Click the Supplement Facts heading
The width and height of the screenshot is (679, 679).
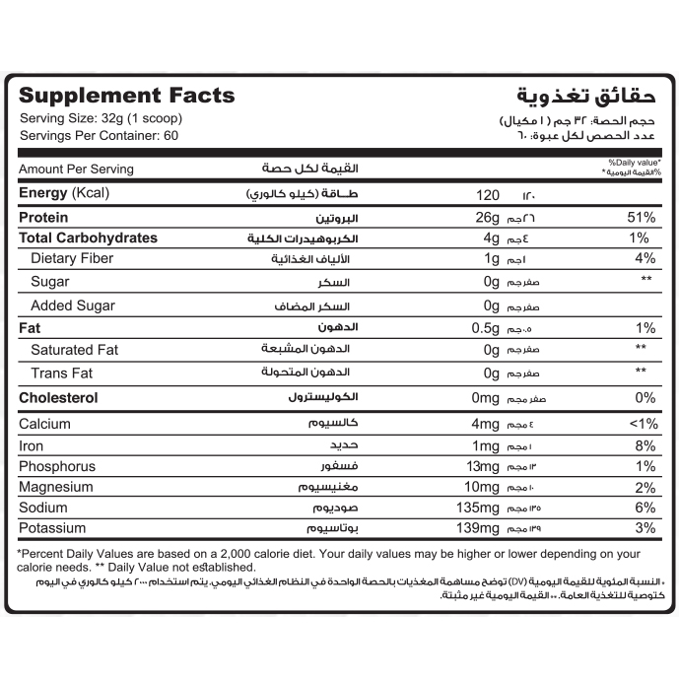127,96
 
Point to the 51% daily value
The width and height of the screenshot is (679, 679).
641,217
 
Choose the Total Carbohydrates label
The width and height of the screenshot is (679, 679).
88,238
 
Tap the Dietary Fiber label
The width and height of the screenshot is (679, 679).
72,258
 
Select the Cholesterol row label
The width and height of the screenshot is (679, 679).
59,397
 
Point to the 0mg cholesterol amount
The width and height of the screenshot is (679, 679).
487,397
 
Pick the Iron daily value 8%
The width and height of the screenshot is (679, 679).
645,445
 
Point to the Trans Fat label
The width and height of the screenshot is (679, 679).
62,373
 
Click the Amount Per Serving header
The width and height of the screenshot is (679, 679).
76,169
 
